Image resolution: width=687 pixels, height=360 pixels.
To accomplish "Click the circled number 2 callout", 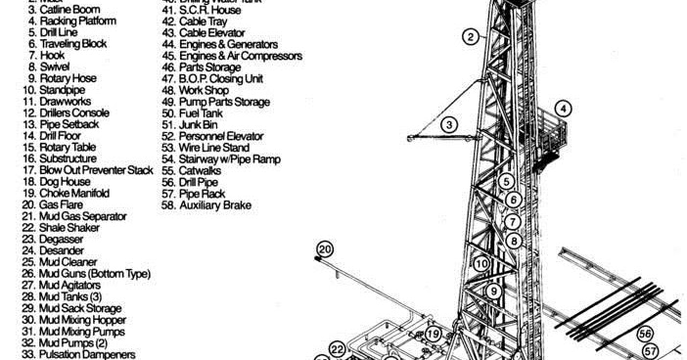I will point(471,37).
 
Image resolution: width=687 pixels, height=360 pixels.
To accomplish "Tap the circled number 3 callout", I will point(449,124).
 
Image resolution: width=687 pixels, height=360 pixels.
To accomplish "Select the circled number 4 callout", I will point(564,108).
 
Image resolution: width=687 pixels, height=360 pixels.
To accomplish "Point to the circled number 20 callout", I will point(325,250).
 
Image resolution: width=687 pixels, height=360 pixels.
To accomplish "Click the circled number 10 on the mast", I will point(481,263).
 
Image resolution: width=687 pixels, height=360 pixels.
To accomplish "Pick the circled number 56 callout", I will point(645,334).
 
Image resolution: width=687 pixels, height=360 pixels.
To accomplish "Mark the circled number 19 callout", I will point(434,335).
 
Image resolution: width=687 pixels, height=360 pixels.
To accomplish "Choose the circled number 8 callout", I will point(513,240).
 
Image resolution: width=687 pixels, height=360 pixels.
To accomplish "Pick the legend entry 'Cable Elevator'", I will point(212,32).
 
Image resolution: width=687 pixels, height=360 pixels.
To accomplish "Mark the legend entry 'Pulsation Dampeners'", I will point(86,354).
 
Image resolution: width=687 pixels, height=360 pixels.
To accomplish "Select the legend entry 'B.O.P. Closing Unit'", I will point(221,78).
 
